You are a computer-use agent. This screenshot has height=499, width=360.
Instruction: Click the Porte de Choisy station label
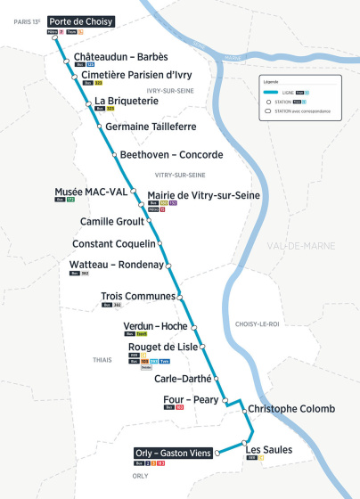tap(80, 20)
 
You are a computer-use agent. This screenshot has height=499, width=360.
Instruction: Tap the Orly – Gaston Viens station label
tap(174, 452)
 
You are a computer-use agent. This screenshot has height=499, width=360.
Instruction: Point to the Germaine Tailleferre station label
tap(151, 127)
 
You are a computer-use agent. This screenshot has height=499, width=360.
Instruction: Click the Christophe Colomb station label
tap(291, 409)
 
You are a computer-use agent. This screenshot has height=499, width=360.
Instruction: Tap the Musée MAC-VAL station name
tap(90, 192)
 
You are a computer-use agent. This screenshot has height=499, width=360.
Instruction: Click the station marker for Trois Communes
tap(179, 296)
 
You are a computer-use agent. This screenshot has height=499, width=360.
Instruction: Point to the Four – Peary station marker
tap(225, 400)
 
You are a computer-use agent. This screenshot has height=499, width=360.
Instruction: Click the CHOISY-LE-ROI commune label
tap(255, 323)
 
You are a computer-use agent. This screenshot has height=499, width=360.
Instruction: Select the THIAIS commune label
tap(102, 360)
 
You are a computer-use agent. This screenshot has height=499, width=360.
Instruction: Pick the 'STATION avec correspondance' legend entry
tap(302, 110)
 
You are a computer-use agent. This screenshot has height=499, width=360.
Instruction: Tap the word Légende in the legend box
tap(272, 81)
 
